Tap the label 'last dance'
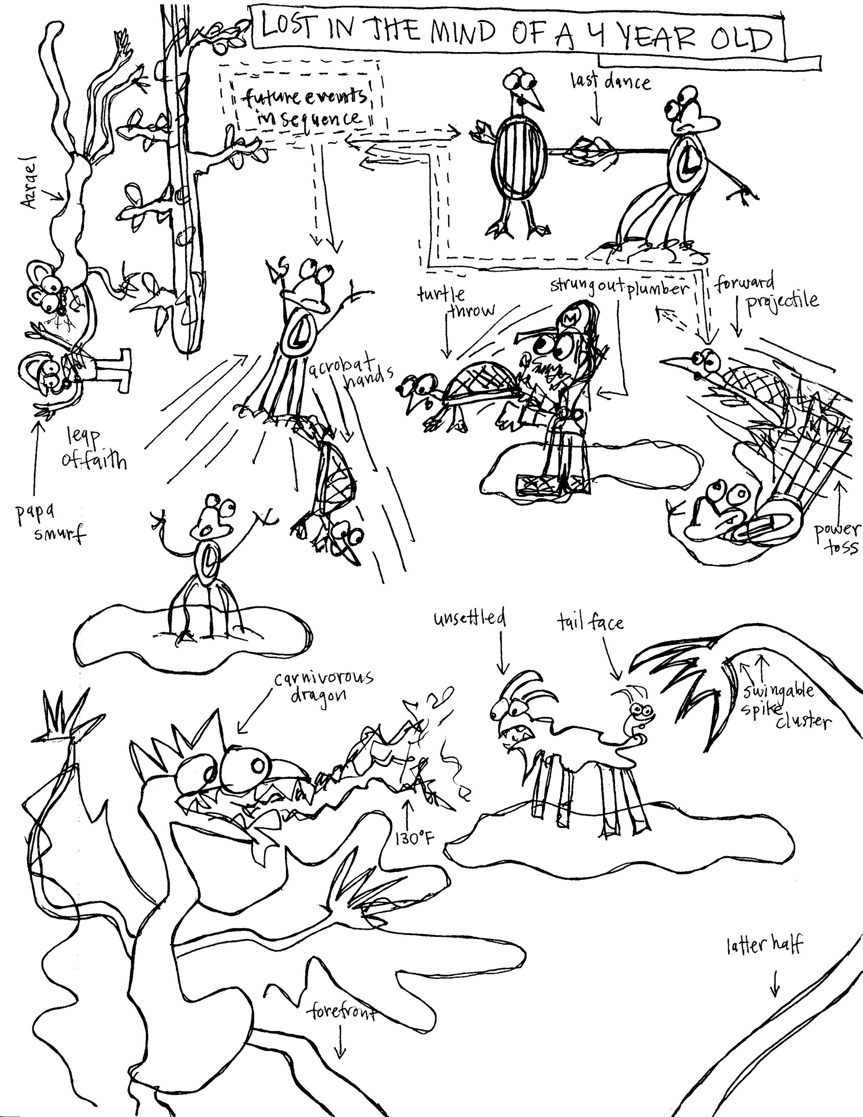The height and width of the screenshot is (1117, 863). click(x=611, y=81)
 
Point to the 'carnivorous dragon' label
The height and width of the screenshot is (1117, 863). click(x=322, y=687)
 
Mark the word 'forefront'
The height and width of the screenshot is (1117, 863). click(x=342, y=1013)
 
